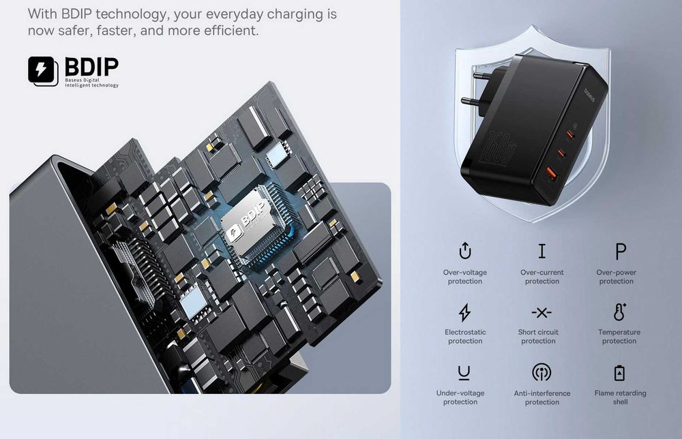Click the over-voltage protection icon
[465, 251]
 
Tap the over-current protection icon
[542, 251]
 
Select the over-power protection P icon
[620, 252]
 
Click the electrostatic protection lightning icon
[464, 312]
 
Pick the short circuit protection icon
[542, 312]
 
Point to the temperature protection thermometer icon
[619, 312]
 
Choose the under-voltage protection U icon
[464, 372]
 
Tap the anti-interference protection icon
[542, 372]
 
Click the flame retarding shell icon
[619, 373]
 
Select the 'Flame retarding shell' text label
[620, 397]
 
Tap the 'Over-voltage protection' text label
[464, 277]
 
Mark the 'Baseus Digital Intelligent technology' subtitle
[91, 82]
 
